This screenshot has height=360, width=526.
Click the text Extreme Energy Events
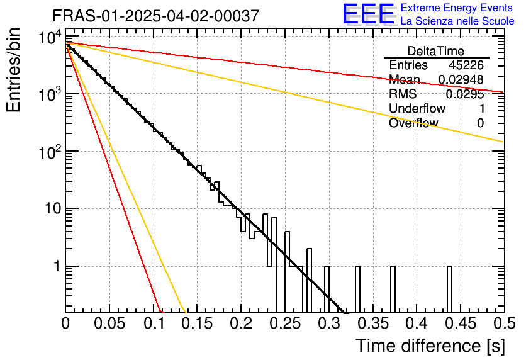point(457,8)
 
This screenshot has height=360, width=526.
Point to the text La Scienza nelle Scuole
point(457,21)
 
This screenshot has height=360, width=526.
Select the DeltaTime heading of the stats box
point(436,51)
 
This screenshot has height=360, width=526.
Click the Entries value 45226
point(466,65)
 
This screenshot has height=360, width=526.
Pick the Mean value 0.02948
point(461,80)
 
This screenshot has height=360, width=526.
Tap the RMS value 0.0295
point(465,94)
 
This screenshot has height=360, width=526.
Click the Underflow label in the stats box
point(417,109)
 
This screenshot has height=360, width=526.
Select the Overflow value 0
point(480,123)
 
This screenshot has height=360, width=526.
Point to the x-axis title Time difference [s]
point(430,346)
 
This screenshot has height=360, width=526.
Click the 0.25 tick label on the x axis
point(285,323)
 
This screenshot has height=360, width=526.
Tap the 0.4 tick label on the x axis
point(417,323)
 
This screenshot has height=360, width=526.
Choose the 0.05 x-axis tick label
point(109,323)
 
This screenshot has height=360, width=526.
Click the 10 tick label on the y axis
point(50,208)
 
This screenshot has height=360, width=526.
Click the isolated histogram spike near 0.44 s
point(449,290)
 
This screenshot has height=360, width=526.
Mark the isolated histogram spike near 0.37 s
point(393,290)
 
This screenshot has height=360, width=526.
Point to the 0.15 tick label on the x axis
point(197,323)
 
